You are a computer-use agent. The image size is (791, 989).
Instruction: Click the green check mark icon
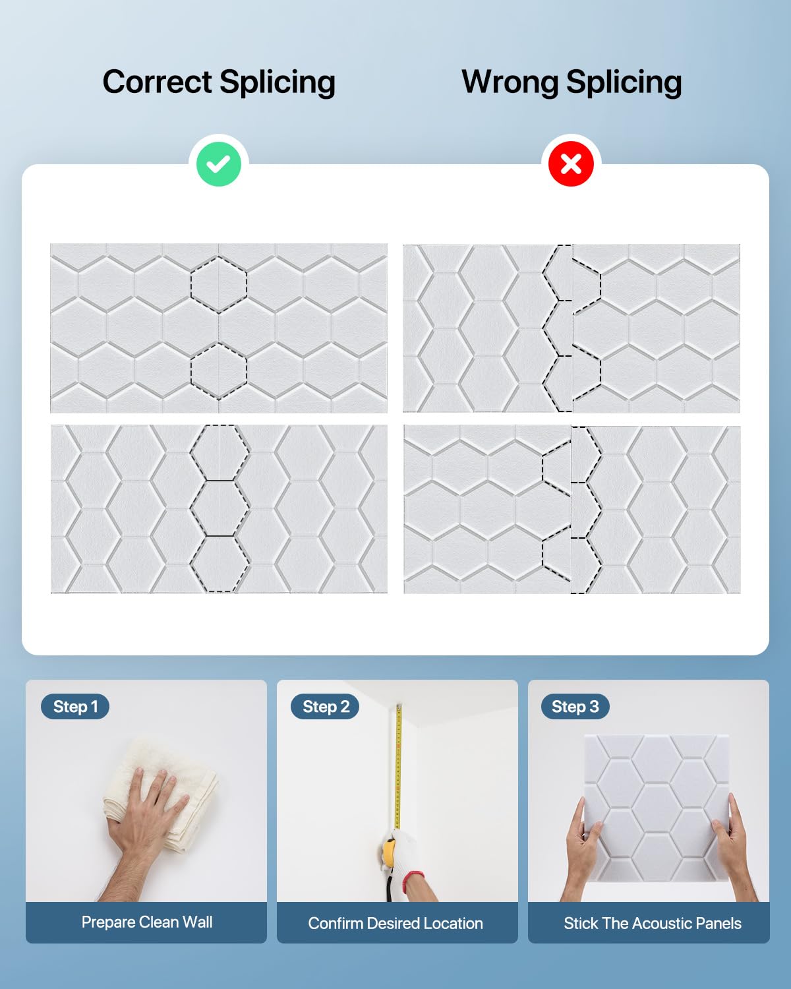tap(219, 164)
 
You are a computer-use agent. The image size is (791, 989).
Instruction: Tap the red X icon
tap(571, 164)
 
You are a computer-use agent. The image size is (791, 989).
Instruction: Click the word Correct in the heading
tap(157, 82)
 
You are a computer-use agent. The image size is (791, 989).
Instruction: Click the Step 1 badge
tap(75, 706)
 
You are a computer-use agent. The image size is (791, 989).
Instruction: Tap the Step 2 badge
tap(326, 706)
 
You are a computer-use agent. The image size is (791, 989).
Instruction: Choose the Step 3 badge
tap(575, 706)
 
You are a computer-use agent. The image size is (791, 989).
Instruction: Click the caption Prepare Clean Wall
tap(147, 922)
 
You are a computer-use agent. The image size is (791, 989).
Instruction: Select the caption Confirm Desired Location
tap(395, 923)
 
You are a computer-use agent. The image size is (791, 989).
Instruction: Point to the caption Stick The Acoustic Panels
tap(653, 923)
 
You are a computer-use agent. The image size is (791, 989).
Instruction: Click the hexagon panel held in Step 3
tap(657, 808)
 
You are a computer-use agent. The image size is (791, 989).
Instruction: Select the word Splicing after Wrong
tap(624, 82)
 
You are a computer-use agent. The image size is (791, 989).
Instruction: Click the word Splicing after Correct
tap(278, 82)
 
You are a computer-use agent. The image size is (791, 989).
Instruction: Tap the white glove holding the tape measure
tap(400, 854)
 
